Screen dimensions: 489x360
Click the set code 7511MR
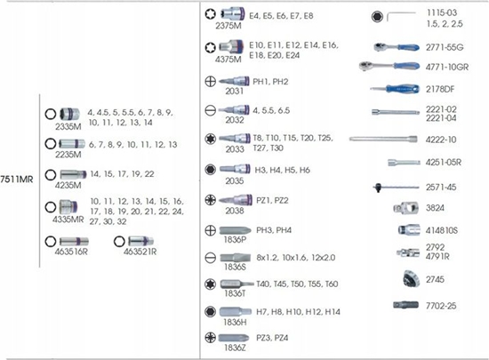tap(17, 180)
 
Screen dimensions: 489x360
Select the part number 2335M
tap(68, 126)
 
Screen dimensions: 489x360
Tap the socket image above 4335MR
tap(68, 207)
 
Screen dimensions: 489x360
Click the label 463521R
tap(140, 252)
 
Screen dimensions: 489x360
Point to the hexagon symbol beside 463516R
tap(51, 241)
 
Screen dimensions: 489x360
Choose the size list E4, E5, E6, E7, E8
tap(281, 16)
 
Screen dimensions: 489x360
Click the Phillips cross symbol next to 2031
tap(211, 82)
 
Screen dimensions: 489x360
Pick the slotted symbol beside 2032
tap(211, 110)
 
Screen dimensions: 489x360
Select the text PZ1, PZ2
tap(272, 200)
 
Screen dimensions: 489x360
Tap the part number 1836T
tap(235, 293)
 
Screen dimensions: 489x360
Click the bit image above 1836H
tap(235, 312)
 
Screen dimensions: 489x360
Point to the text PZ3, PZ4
tap(272, 338)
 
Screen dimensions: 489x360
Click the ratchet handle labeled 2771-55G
tap(397, 48)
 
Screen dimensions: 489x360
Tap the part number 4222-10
tap(441, 140)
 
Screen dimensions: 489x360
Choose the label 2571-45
tap(441, 188)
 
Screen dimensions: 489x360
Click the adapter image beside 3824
tap(405, 208)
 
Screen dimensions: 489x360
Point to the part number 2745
tap(435, 279)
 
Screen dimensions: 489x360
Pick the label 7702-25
tap(441, 306)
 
